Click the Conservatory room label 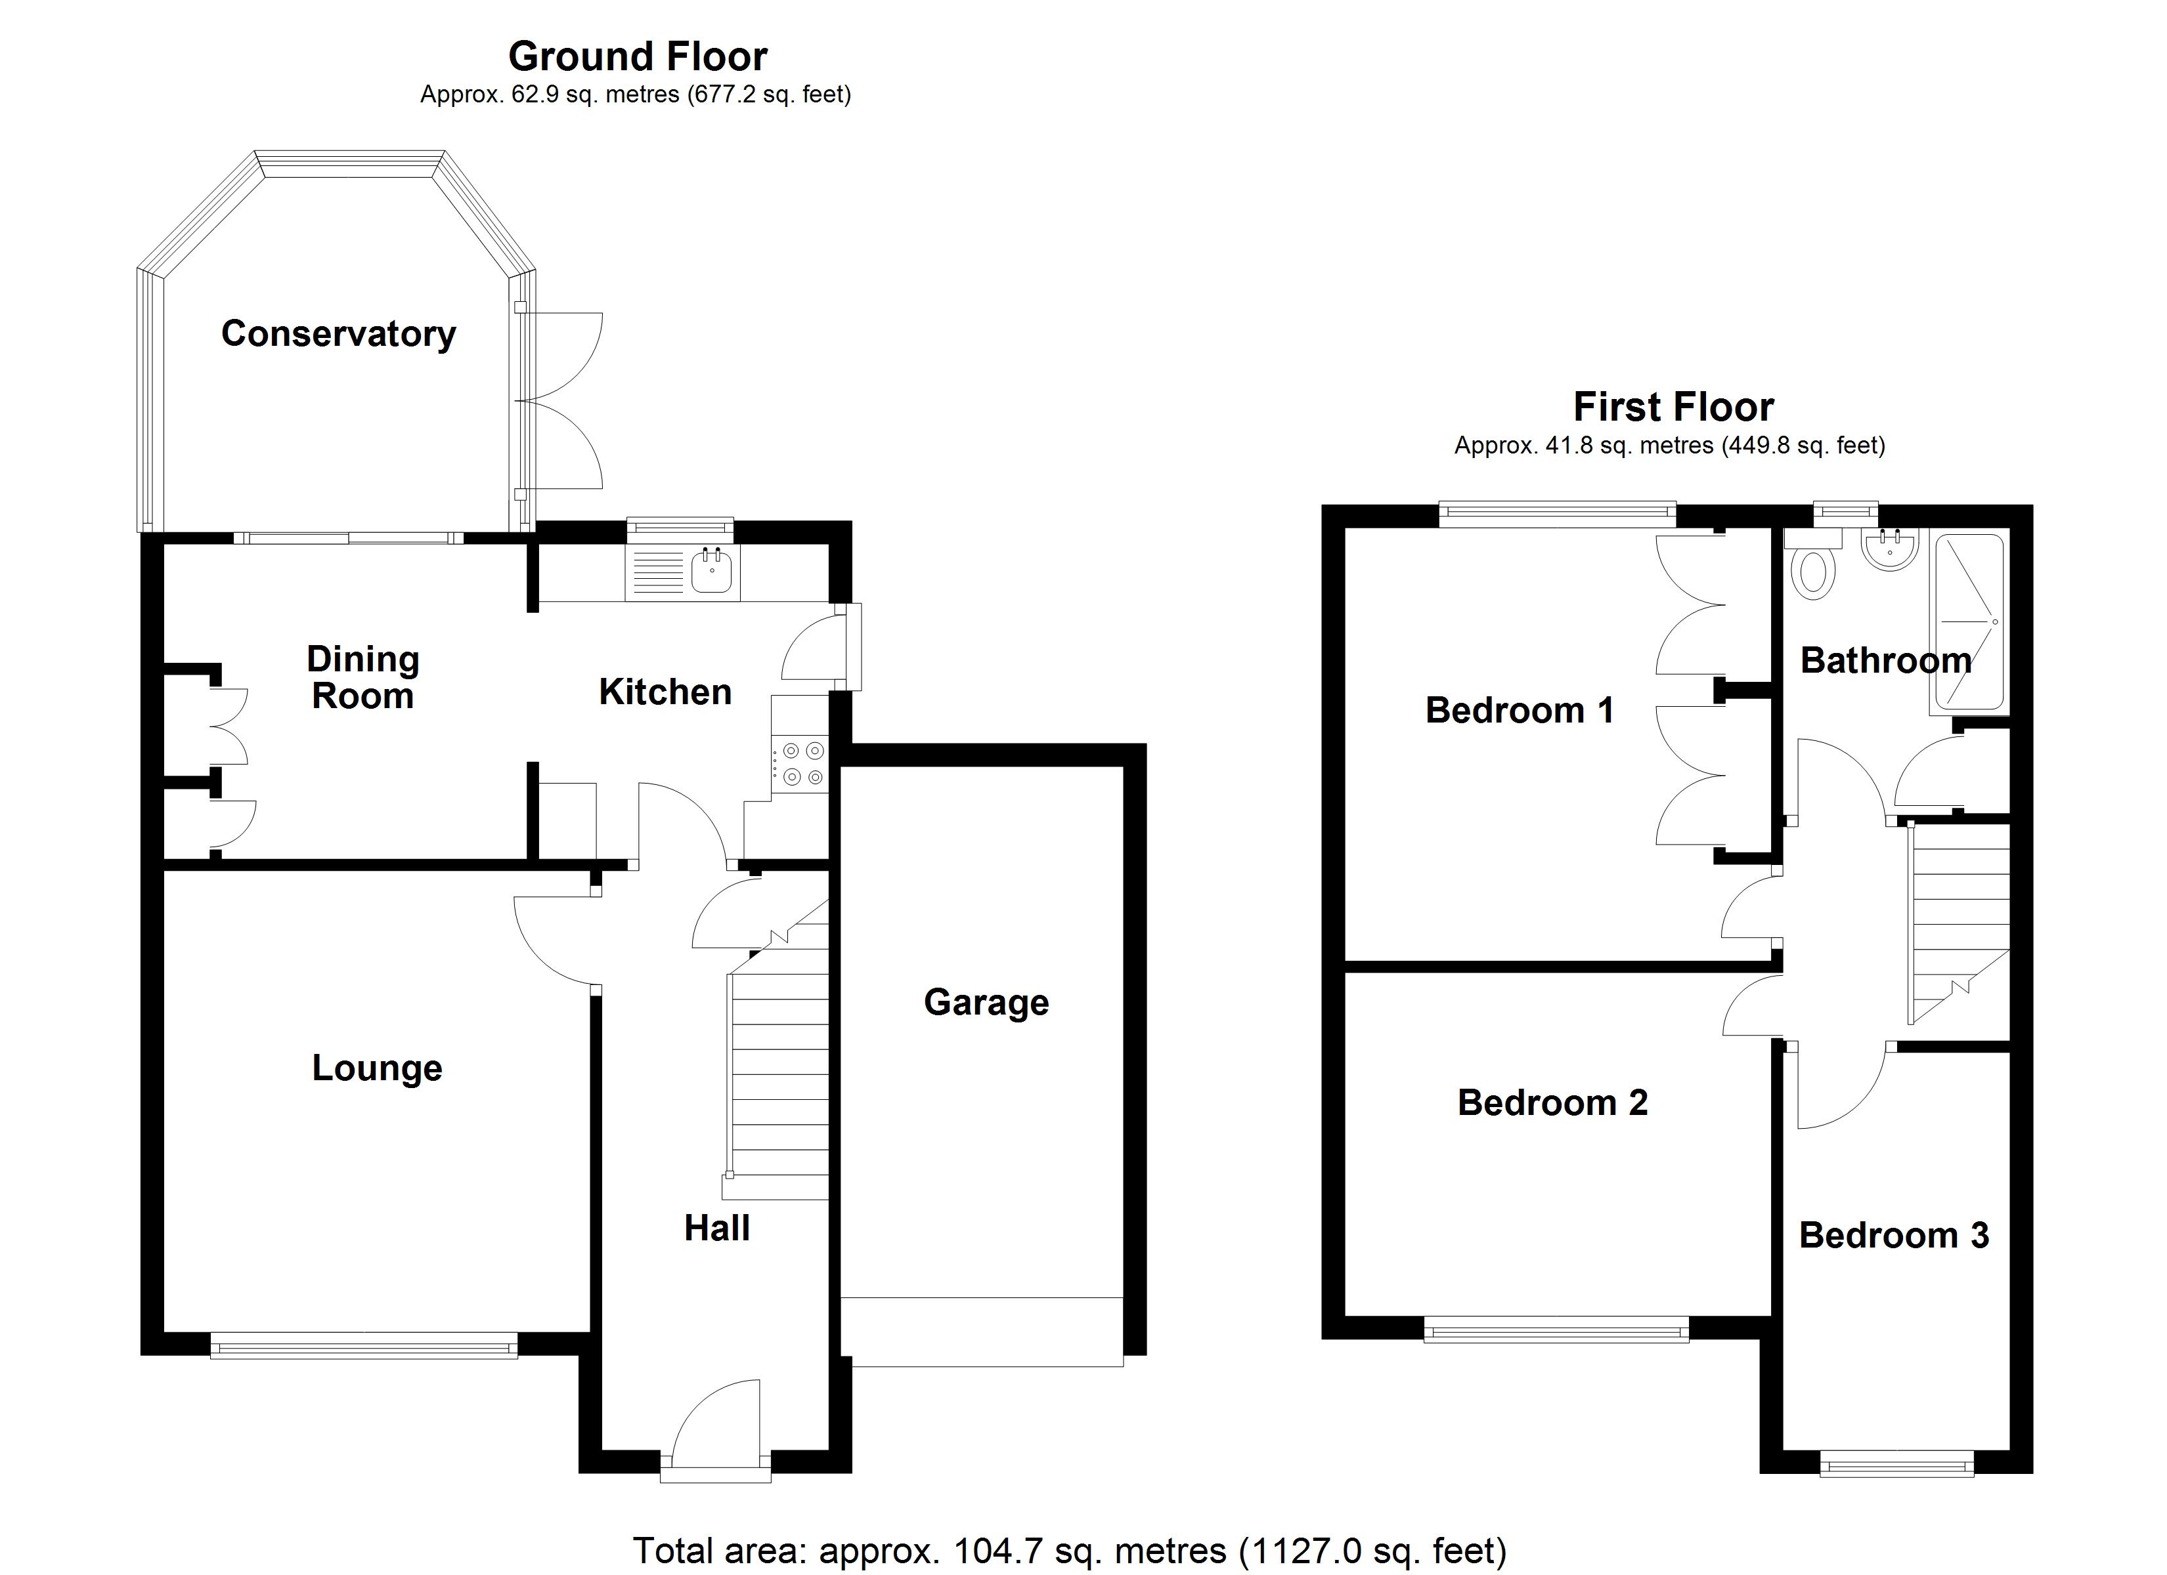tap(338, 333)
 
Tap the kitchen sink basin tap(712, 570)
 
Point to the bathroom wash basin tap(1890, 550)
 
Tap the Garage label tap(986, 1002)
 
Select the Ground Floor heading tap(638, 56)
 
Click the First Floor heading tap(1673, 407)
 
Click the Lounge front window tap(363, 1348)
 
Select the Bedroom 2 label tap(1552, 1102)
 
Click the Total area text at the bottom tap(1069, 1550)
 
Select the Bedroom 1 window tap(1558, 514)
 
